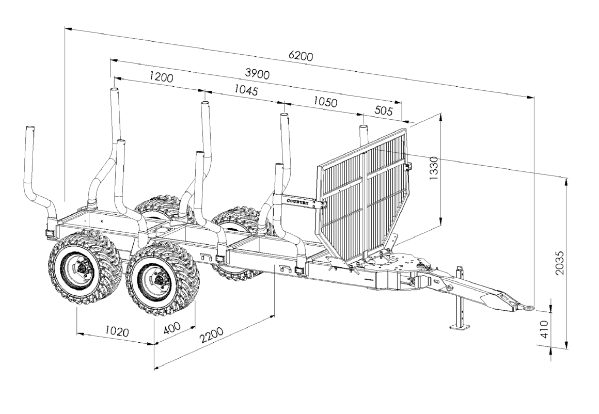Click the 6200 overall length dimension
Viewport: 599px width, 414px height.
pyautogui.click(x=301, y=56)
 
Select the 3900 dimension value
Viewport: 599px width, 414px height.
pyautogui.click(x=257, y=74)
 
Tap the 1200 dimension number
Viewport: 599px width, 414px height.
pyautogui.click(x=161, y=77)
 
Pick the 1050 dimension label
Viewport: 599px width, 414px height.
pyautogui.click(x=325, y=102)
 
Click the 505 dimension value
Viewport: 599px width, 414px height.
pyautogui.click(x=383, y=111)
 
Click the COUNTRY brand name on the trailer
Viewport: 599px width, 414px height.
pyautogui.click(x=298, y=202)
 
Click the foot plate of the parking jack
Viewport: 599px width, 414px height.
pyautogui.click(x=460, y=326)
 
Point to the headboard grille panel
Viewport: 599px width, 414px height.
pyautogui.click(x=361, y=196)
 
